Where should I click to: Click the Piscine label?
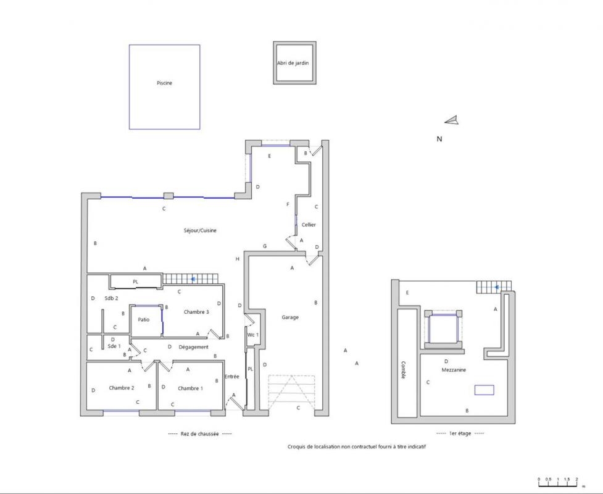(x=164, y=83)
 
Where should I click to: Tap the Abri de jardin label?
(x=293, y=63)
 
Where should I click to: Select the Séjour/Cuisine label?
(x=199, y=230)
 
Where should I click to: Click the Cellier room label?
(x=308, y=225)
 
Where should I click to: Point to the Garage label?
(x=290, y=317)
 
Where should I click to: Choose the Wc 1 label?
(x=252, y=335)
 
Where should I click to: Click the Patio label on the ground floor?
(x=144, y=319)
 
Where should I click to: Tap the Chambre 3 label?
(x=196, y=312)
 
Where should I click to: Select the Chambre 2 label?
(x=122, y=388)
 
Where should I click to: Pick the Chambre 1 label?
(x=190, y=388)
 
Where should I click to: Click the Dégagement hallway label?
(x=193, y=347)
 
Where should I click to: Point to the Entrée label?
(x=231, y=377)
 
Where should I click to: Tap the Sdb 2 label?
(x=111, y=298)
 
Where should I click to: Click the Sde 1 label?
(x=114, y=346)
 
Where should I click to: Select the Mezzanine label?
(x=454, y=370)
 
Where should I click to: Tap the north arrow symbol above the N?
(x=452, y=120)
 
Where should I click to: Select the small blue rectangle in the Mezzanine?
(x=484, y=390)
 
